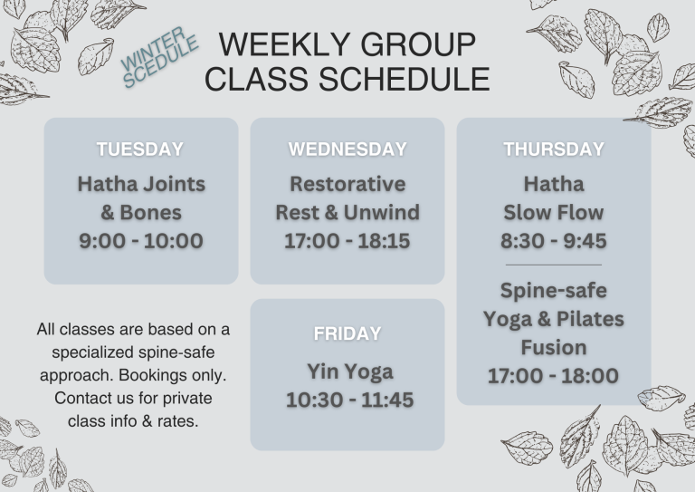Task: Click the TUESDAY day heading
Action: pyautogui.click(x=140, y=150)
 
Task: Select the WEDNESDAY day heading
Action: pyautogui.click(x=347, y=150)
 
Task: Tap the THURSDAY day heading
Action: pyautogui.click(x=554, y=150)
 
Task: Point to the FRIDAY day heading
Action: pyautogui.click(x=347, y=333)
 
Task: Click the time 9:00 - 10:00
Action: pyautogui.click(x=141, y=241)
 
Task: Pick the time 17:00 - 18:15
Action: pyautogui.click(x=347, y=241)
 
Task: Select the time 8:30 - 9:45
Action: pyautogui.click(x=554, y=241)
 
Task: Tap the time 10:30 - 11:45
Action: pyautogui.click(x=349, y=400)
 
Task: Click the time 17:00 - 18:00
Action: pyautogui.click(x=553, y=376)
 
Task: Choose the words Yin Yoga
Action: pyautogui.click(x=349, y=372)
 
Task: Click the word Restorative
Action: pyautogui.click(x=347, y=184)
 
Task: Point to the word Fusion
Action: pyautogui.click(x=554, y=347)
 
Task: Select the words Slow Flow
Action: pyautogui.click(x=554, y=213)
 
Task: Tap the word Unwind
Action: pyautogui.click(x=382, y=213)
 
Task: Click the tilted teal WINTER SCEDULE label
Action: pyautogui.click(x=159, y=57)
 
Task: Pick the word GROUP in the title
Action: pyautogui.click(x=418, y=44)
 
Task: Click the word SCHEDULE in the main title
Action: pyautogui.click(x=405, y=79)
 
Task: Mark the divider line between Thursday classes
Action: pyautogui.click(x=554, y=265)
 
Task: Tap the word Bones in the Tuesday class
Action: pyautogui.click(x=151, y=213)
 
